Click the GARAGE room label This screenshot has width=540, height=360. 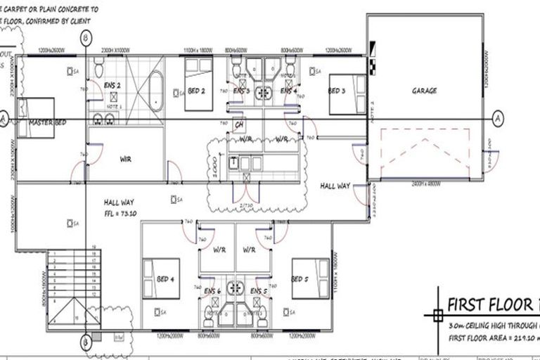[x=424, y=91]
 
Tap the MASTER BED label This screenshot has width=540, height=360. [x=47, y=122]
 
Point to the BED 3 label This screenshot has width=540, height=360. [x=337, y=91]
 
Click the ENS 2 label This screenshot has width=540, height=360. [x=112, y=85]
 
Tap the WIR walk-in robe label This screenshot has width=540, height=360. [x=125, y=159]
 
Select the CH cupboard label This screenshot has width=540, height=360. [x=239, y=125]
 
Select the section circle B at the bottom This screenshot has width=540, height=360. [x=85, y=342]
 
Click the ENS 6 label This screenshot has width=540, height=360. [x=213, y=290]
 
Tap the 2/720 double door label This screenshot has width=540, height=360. [x=247, y=204]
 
